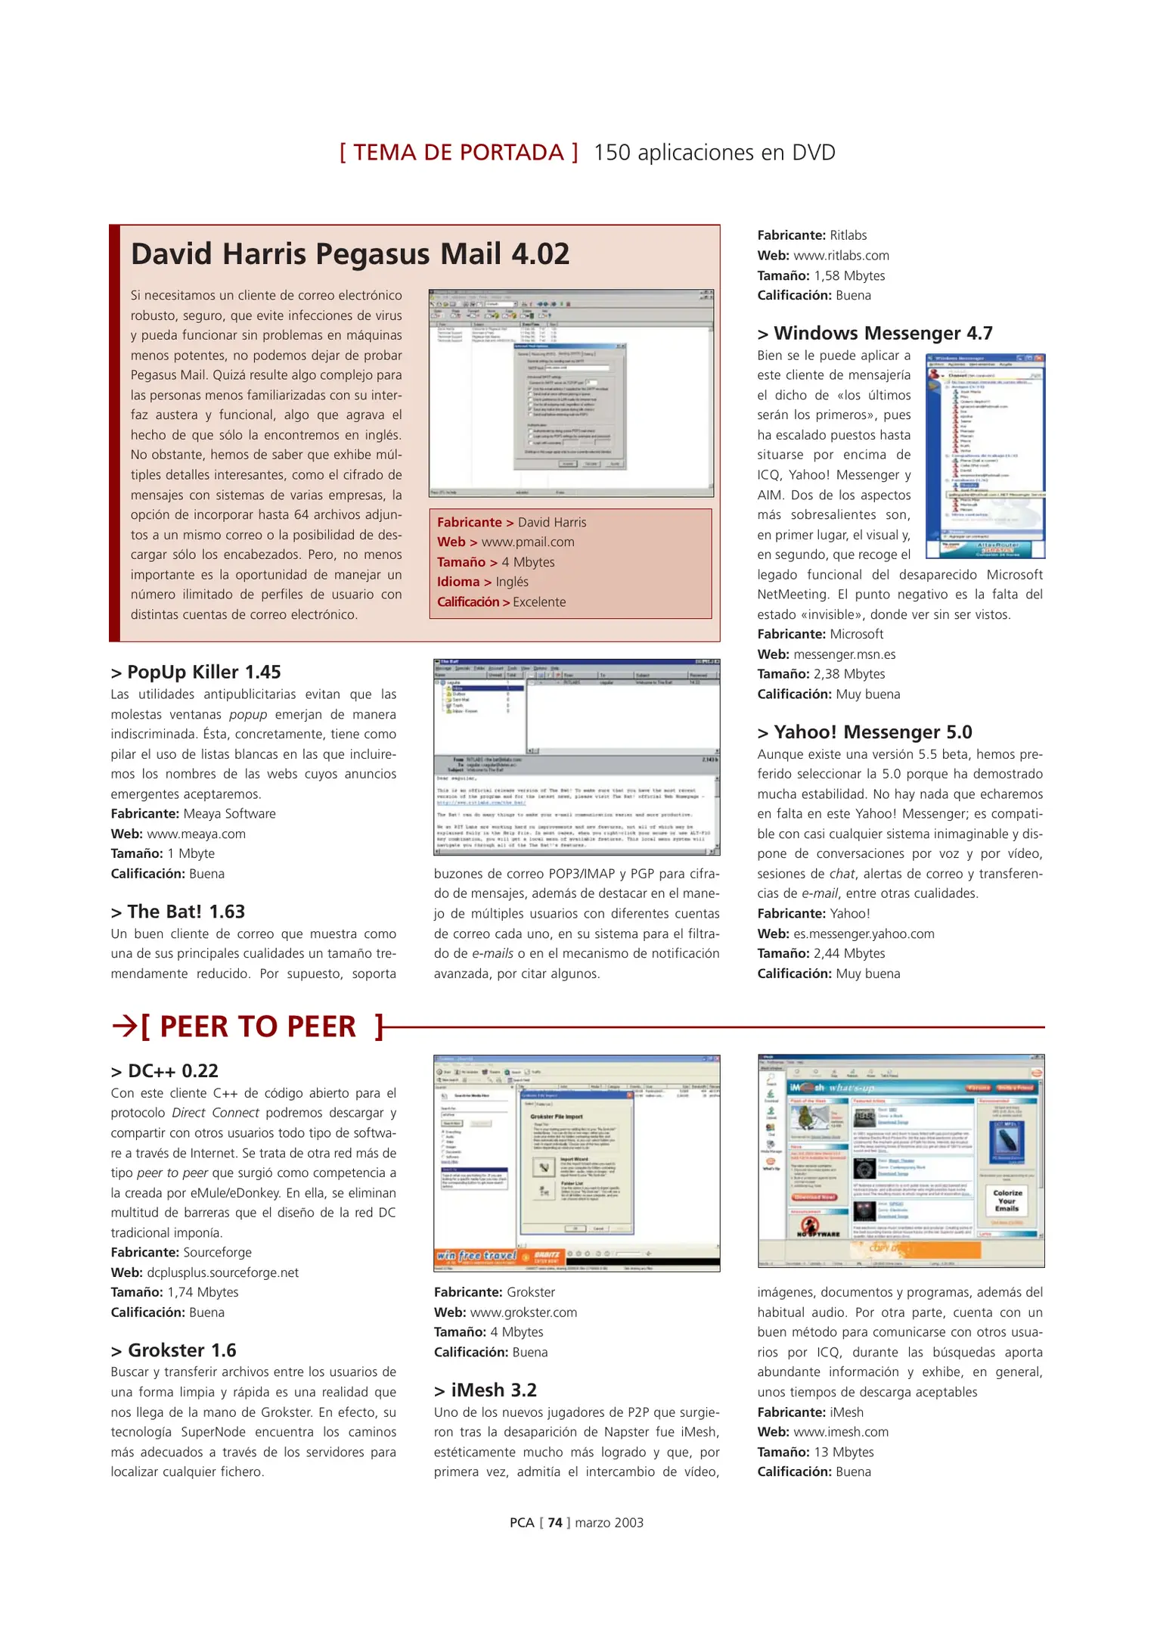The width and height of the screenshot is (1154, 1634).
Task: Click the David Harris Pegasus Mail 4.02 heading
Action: (x=350, y=254)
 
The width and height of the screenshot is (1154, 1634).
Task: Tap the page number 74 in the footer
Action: (x=555, y=1523)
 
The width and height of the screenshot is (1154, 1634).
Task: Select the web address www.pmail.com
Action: (x=528, y=542)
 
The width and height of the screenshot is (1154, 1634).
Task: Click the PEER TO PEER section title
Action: (x=258, y=1027)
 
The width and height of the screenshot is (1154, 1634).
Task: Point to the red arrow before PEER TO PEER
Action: (x=124, y=1027)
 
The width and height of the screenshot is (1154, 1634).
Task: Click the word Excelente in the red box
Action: (x=539, y=602)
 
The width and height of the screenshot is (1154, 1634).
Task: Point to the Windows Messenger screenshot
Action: (x=985, y=456)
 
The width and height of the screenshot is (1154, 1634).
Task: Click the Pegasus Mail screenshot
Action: (x=571, y=393)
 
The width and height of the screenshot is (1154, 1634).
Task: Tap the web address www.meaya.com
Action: (x=196, y=834)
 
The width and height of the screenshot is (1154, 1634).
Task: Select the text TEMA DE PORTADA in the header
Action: (x=458, y=153)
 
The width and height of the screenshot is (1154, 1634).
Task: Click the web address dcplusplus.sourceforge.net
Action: (x=222, y=1272)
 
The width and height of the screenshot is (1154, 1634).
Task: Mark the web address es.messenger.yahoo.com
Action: (x=864, y=933)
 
